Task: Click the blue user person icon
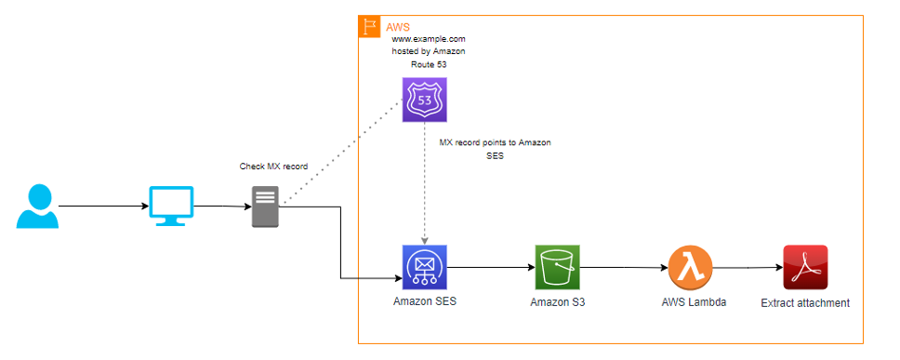37,206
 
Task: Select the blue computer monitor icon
172,206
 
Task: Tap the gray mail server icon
266,207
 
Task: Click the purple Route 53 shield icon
424,100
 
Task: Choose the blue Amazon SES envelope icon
424,267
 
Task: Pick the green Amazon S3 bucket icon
557,267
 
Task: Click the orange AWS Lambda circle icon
689,267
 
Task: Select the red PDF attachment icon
805,267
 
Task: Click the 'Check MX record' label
273,167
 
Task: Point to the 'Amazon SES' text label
425,301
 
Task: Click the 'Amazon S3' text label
558,302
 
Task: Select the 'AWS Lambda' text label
690,302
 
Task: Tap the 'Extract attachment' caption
805,302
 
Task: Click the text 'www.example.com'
428,39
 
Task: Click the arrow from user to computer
102,207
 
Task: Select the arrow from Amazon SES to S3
490,268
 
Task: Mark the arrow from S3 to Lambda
623,268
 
